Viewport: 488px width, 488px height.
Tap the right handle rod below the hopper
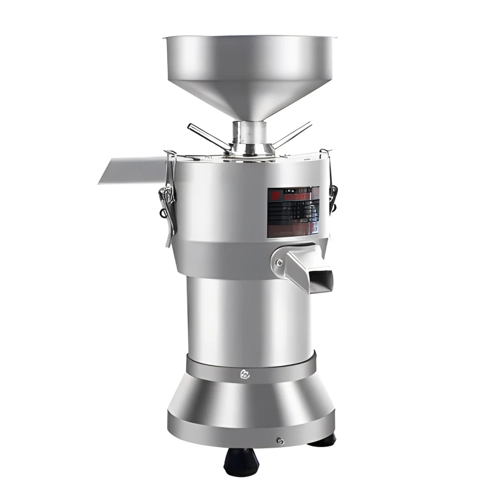291,134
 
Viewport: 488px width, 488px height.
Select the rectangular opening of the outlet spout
321,280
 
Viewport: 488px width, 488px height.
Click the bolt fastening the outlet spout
279,263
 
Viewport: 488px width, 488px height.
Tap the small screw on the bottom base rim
280,440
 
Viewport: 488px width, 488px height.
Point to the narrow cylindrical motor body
250,317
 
